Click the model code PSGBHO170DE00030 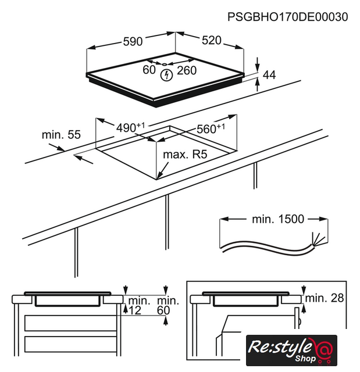click(288, 17)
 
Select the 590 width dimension click(133, 41)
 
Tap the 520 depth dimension click(212, 40)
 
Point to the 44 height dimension click(269, 75)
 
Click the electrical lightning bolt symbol click(166, 75)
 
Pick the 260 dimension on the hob click(187, 70)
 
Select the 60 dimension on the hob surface click(149, 70)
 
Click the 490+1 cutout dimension click(130, 127)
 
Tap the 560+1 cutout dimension click(211, 128)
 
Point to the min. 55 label click(61, 134)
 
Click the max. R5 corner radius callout click(185, 155)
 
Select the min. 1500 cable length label click(278, 219)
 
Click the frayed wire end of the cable click(318, 238)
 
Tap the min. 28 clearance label click(325, 298)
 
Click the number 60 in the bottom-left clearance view click(163, 310)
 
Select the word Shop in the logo click(305, 359)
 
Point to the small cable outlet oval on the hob click(164, 65)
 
